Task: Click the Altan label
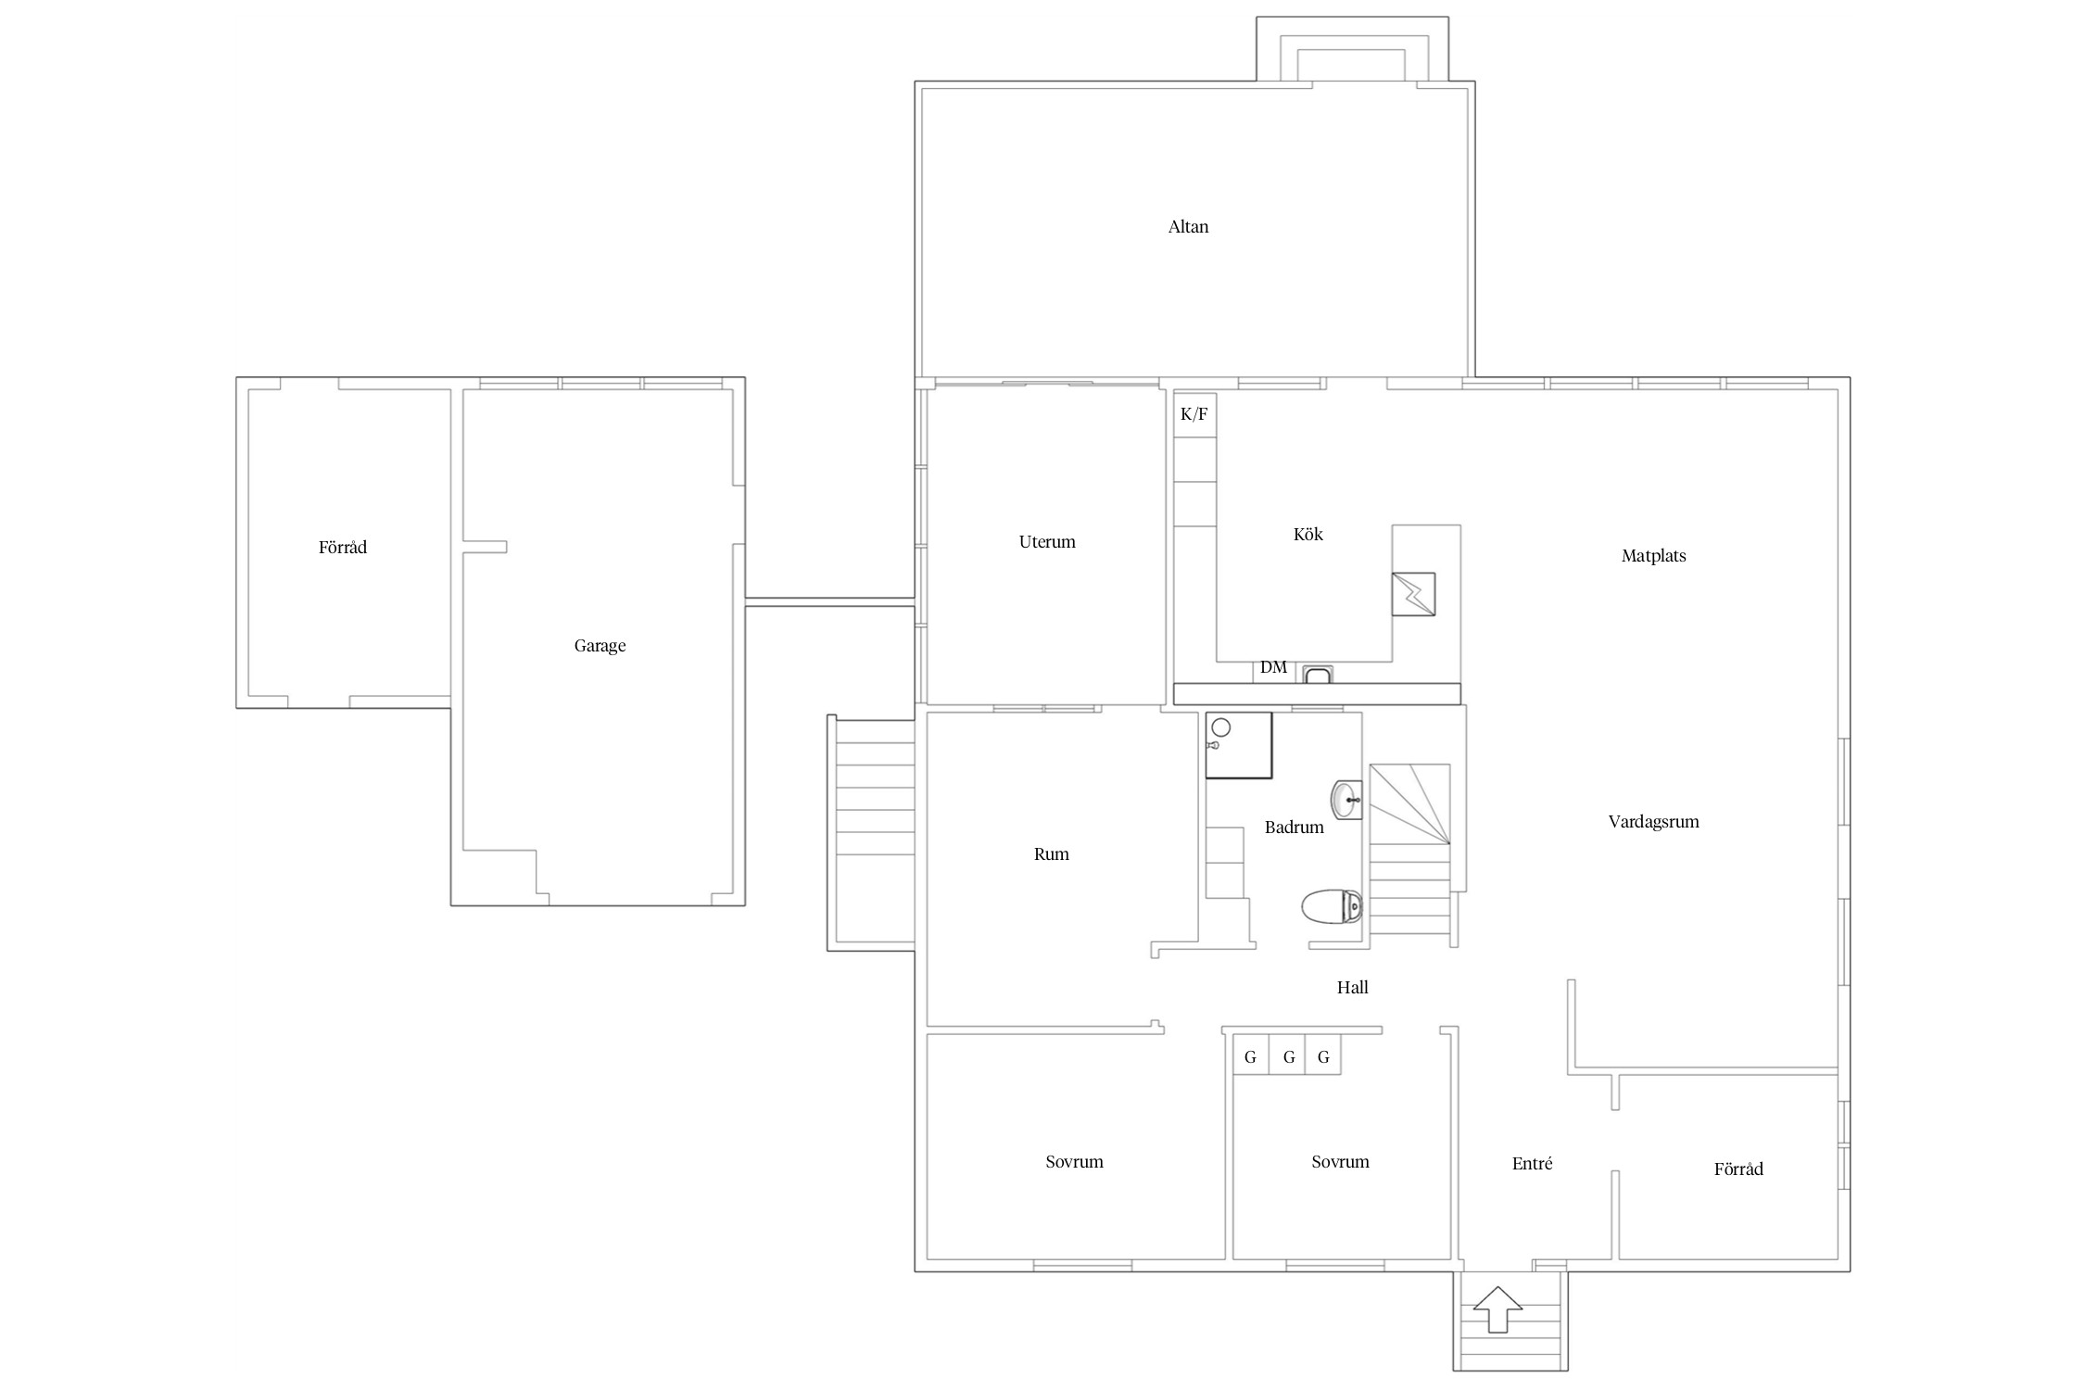[1188, 227]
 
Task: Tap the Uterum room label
[1047, 542]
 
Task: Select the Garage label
[600, 646]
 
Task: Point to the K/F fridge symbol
[1194, 414]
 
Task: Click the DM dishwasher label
[1273, 667]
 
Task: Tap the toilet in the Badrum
[1332, 907]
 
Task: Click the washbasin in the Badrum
[1346, 800]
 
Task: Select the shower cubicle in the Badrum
[1239, 745]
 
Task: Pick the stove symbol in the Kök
[1413, 594]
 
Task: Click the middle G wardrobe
[1288, 1057]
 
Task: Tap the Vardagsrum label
[1653, 822]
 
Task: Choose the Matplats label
[1653, 556]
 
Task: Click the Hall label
[1352, 988]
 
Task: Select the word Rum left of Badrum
[1051, 854]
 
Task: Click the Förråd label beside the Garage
[343, 548]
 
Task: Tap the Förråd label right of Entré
[1738, 1169]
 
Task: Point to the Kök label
[1308, 535]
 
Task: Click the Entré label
[1532, 1164]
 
